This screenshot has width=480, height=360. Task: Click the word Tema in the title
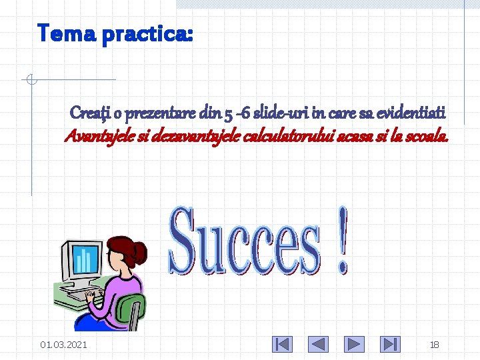65,33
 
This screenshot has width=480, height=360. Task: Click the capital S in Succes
187,241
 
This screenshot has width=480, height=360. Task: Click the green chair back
131,310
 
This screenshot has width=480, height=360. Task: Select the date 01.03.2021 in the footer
63,345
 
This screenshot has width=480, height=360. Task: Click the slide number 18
434,345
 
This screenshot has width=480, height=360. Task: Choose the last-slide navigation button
390,344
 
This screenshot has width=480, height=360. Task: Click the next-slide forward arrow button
355,344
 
